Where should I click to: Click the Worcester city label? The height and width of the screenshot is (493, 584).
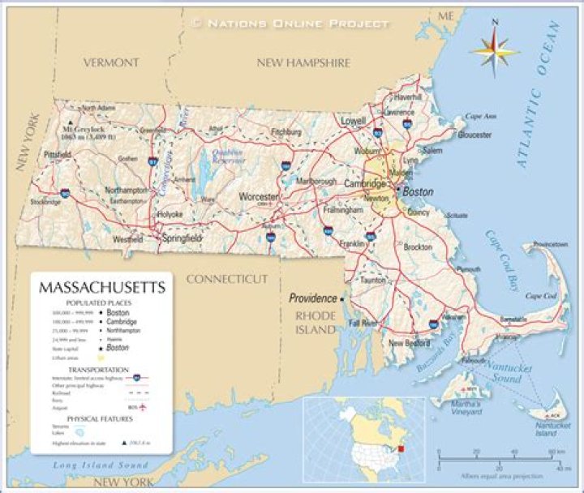coord(259,197)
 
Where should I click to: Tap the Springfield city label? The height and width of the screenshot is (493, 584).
coord(182,239)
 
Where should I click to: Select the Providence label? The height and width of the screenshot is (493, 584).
coord(313,298)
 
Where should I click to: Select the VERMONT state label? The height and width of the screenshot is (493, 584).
coord(111,62)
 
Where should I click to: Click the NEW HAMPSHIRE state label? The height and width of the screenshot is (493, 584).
coord(303,62)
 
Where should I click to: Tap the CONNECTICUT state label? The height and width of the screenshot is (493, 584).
coord(227,279)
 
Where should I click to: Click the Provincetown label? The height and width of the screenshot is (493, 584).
coord(550,244)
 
